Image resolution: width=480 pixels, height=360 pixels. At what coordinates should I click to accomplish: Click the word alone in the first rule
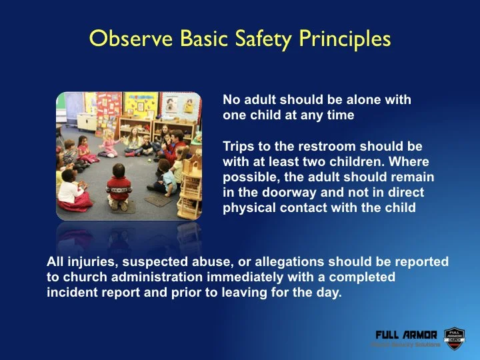pyautogui.click(x=355, y=100)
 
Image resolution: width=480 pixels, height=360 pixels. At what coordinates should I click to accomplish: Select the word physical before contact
pyautogui.click(x=245, y=207)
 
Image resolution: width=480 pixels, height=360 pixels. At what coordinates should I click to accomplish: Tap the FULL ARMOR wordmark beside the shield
pyautogui.click(x=406, y=334)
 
